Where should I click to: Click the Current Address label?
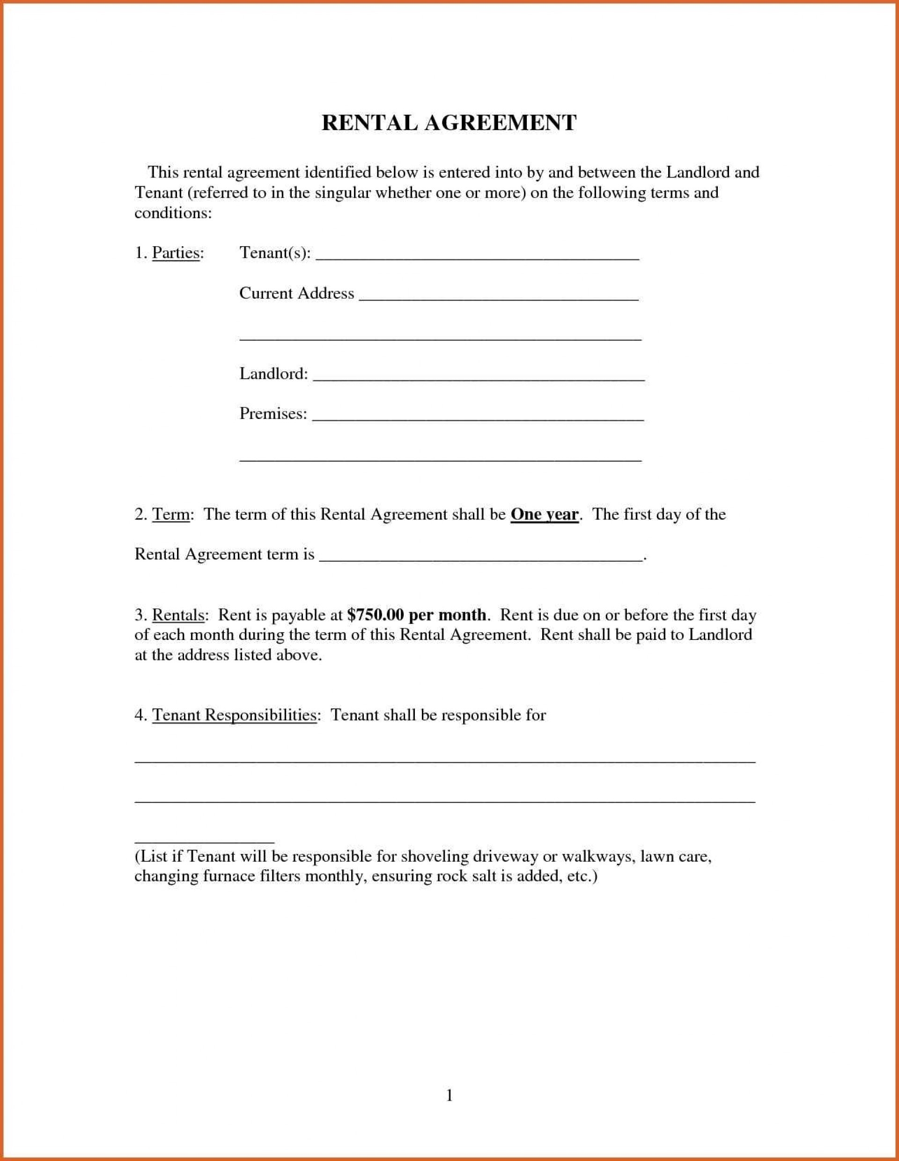pos(296,294)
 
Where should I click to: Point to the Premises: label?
pos(273,413)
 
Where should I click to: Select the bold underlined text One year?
pos(544,514)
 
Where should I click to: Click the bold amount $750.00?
pos(376,615)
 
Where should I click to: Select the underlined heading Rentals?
pos(178,615)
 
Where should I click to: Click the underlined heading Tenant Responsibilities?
pos(234,714)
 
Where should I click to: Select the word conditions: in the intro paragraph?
pos(173,213)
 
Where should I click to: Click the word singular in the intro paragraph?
pos(342,192)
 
